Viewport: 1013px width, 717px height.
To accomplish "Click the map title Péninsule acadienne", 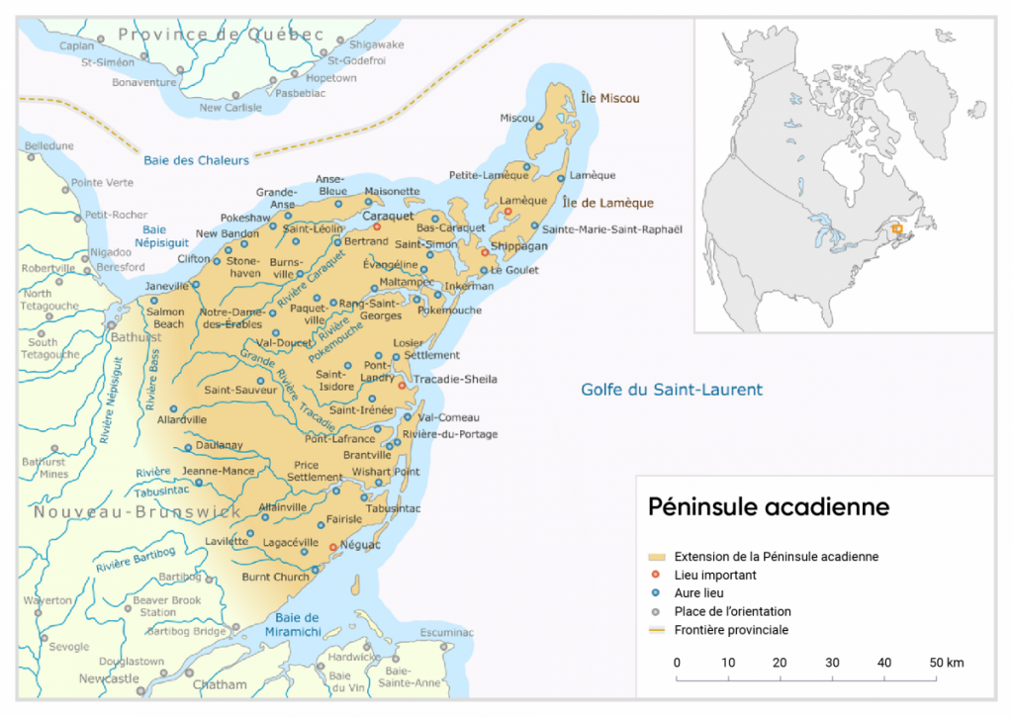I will [768, 507].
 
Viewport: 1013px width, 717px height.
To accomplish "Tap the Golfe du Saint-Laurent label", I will [671, 390].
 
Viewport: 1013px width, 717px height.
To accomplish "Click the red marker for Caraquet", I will [377, 227].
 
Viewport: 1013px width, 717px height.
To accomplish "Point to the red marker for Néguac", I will [332, 546].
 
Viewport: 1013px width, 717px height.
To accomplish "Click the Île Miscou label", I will [610, 98].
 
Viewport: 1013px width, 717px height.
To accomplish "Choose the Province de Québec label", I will [221, 35].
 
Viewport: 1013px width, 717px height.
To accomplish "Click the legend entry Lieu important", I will [715, 575].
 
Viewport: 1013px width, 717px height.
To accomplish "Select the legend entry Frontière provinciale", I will [731, 630].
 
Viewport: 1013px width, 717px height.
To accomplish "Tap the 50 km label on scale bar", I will [947, 662].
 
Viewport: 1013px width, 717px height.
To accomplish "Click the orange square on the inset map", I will [896, 229].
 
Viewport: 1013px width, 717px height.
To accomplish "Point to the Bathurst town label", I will [137, 337].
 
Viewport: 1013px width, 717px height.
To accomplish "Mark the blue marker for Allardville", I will [173, 408].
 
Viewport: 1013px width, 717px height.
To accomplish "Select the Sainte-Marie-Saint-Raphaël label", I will [612, 229].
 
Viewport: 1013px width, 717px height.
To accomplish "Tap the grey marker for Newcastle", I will [140, 689].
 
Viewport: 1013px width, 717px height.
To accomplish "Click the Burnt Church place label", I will [275, 577].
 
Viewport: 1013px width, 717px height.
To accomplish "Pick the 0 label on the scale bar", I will [677, 662].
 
